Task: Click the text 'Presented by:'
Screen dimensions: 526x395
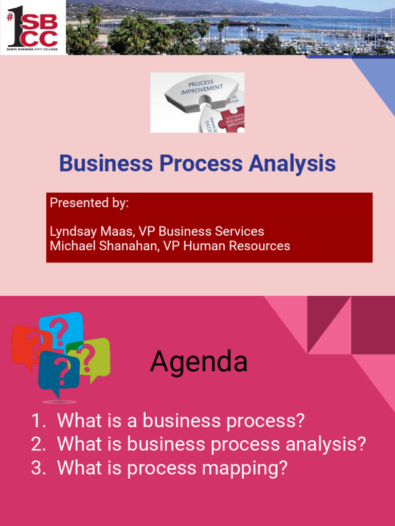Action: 89,203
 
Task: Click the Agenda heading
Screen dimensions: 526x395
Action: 199,362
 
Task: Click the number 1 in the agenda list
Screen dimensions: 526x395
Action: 38,421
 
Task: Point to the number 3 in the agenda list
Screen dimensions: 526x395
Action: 38,468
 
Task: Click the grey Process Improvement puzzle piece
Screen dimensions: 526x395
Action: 201,92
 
